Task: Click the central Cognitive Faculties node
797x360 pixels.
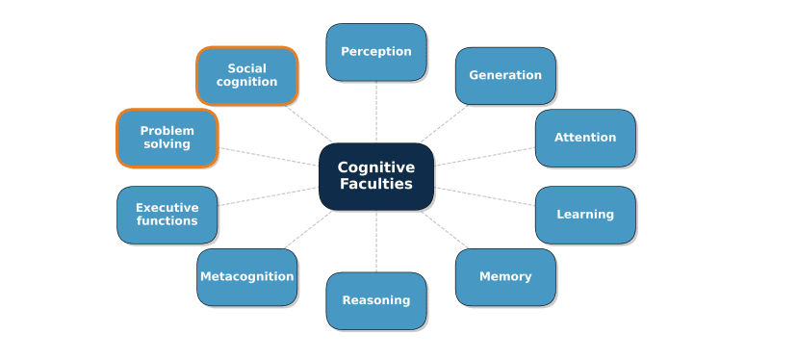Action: [375, 176]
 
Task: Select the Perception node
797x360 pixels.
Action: [375, 52]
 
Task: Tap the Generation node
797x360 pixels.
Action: [505, 75]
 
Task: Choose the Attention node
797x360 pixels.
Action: [584, 138]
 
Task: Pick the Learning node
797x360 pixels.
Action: [584, 215]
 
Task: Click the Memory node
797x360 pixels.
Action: [505, 277]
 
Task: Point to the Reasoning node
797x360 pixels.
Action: [375, 300]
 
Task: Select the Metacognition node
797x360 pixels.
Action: [246, 277]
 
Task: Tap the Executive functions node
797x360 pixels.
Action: [167, 215]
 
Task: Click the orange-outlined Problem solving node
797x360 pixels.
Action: [167, 138]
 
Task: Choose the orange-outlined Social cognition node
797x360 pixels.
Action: [246, 75]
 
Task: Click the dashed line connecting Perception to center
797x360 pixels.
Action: [375, 112]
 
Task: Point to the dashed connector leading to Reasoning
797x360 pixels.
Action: [375, 241]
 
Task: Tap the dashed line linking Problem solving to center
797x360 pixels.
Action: [268, 157]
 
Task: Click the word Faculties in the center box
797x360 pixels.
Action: [375, 185]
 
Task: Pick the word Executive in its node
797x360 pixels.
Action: [167, 208]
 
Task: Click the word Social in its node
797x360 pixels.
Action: [246, 68]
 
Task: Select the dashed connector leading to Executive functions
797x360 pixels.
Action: [268, 195]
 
